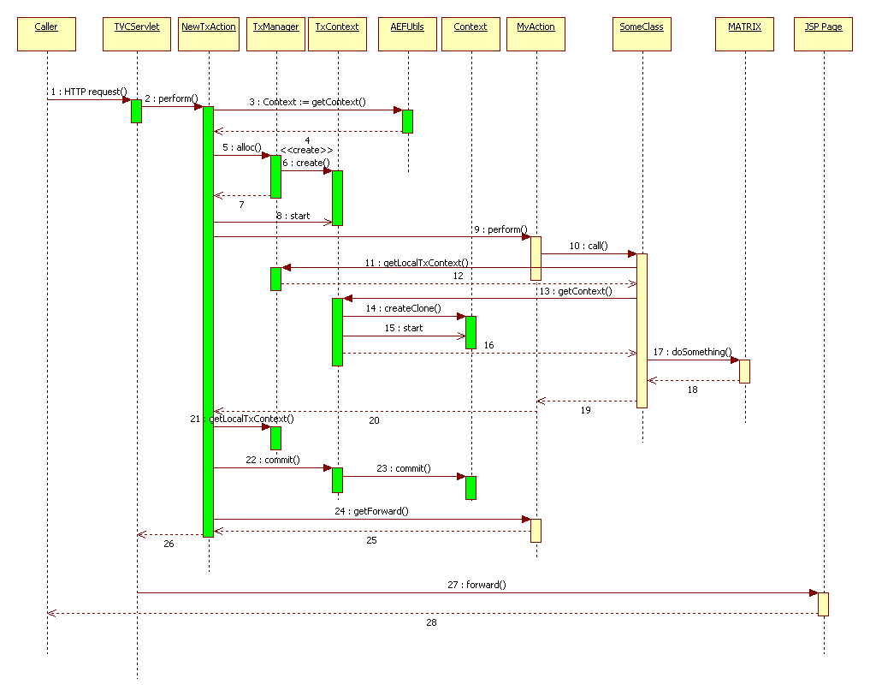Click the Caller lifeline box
[x=46, y=33]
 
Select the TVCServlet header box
[x=137, y=33]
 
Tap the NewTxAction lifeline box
[x=209, y=33]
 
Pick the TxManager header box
[x=276, y=33]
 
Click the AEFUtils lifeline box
[x=407, y=33]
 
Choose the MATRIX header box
[x=744, y=33]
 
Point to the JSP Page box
[x=823, y=33]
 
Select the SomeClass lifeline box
[x=642, y=33]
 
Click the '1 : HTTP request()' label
[x=88, y=91]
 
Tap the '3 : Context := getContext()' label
[x=307, y=102]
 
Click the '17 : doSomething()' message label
[x=692, y=352]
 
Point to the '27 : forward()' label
[x=476, y=585]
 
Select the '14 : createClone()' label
[x=403, y=307]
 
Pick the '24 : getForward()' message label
[x=372, y=511]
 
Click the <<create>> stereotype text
[x=306, y=150]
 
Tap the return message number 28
[x=431, y=622]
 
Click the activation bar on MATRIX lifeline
[x=744, y=371]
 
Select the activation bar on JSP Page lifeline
[x=823, y=604]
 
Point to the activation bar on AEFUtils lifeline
[x=407, y=121]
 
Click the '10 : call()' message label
[x=588, y=246]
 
